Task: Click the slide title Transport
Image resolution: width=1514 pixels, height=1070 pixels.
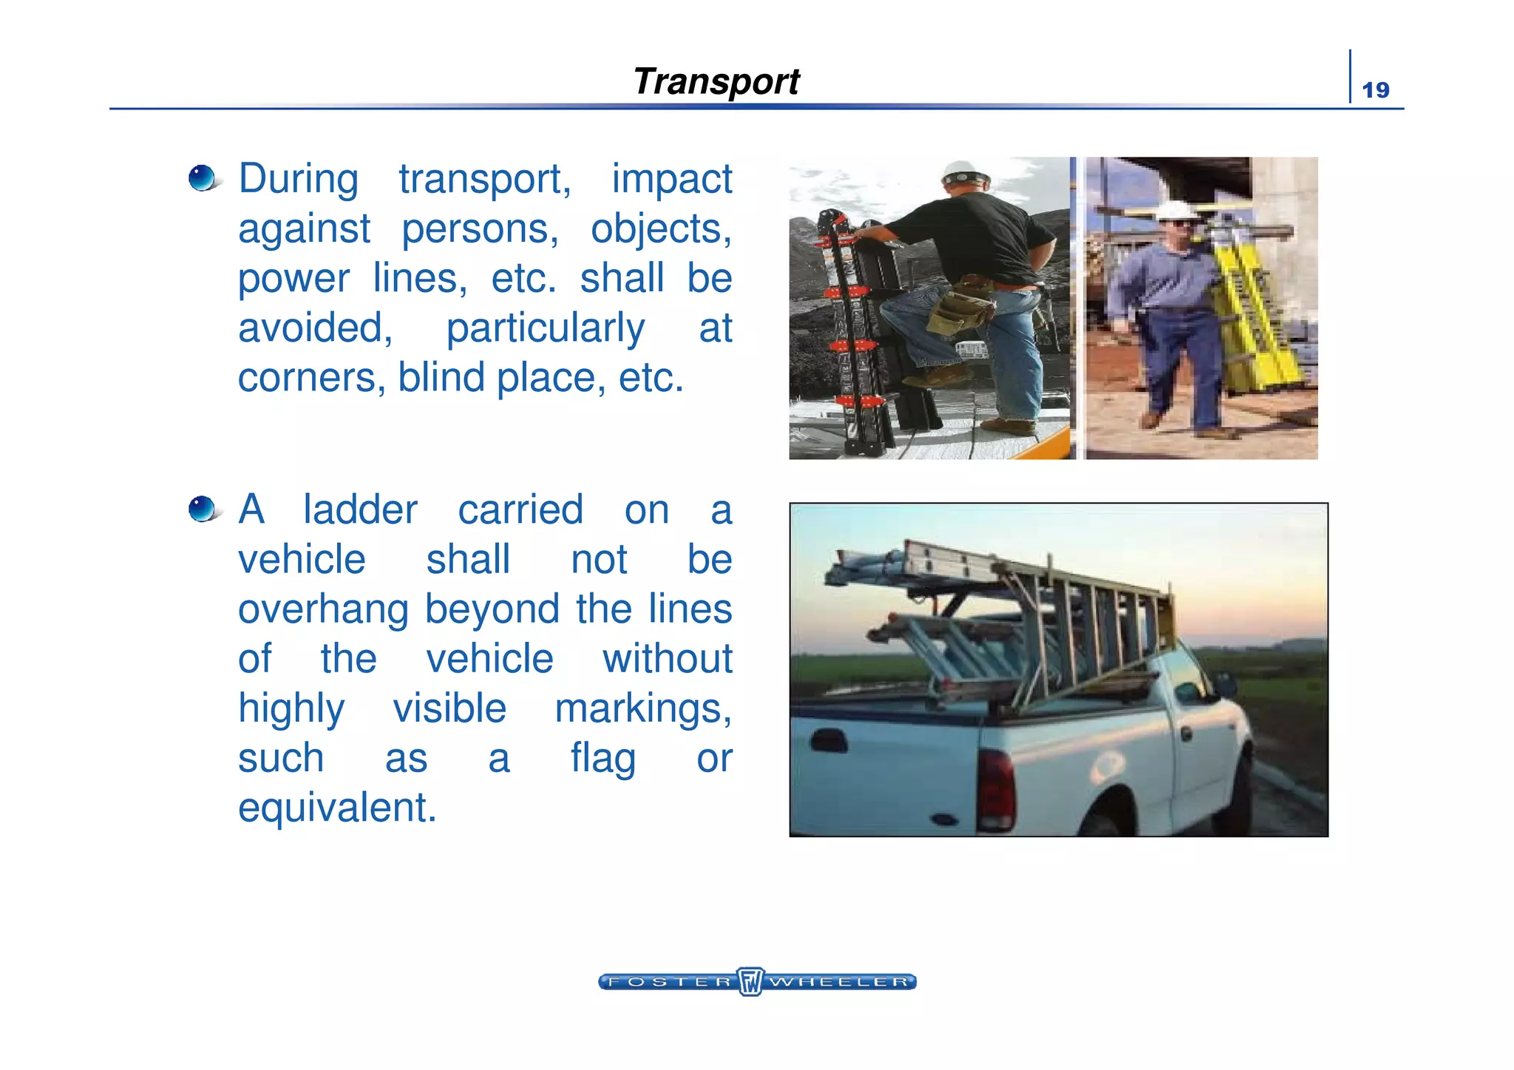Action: coord(716,81)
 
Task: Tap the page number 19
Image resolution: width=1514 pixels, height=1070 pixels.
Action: coord(1375,90)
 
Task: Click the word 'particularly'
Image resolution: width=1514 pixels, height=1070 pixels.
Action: coord(545,328)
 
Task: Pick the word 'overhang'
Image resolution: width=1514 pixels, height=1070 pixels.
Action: coord(323,610)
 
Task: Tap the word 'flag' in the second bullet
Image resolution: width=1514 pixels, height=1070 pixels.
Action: coord(602,759)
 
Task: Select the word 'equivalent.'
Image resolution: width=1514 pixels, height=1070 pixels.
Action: coord(337,807)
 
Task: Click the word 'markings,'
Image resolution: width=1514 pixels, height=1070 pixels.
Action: coord(643,708)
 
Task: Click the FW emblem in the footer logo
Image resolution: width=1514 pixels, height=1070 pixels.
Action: coord(750,981)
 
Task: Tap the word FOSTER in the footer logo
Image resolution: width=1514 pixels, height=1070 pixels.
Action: coord(668,982)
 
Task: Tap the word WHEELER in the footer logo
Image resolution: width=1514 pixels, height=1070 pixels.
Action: coord(839,982)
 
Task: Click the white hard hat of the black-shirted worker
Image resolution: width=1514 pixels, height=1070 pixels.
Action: coord(964,174)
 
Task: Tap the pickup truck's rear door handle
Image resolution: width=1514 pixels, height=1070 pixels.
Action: coord(828,739)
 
